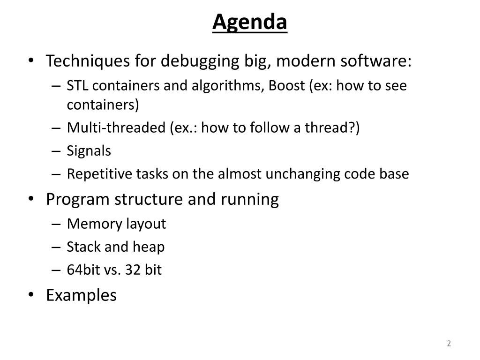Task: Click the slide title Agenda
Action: (250, 22)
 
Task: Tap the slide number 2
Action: (449, 343)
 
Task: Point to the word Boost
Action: (287, 85)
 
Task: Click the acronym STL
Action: (77, 85)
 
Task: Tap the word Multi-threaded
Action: (116, 127)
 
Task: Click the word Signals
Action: (89, 151)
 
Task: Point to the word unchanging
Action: (303, 174)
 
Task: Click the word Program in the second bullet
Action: (78, 200)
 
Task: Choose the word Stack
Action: (83, 247)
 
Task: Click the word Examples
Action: (82, 295)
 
